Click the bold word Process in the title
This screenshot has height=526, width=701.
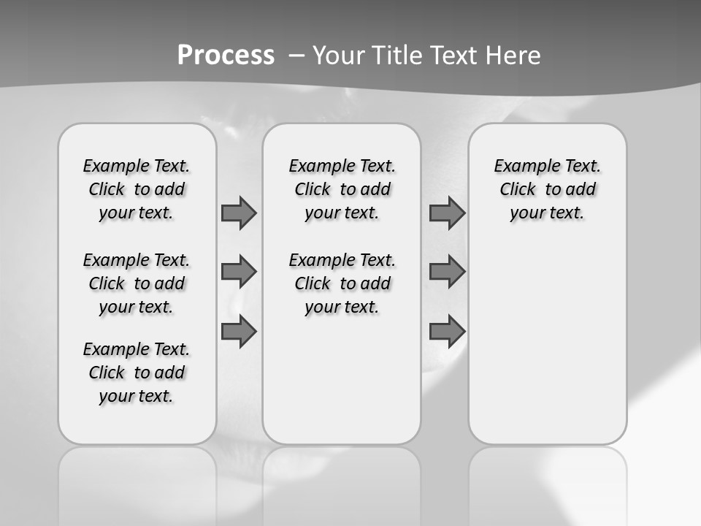[226, 56]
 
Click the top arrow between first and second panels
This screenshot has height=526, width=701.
[239, 213]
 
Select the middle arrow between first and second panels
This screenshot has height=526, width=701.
[239, 272]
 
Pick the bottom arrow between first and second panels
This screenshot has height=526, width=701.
[239, 332]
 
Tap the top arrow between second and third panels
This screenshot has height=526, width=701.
[447, 213]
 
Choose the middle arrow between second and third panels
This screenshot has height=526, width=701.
[447, 272]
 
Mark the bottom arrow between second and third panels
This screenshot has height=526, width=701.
[447, 332]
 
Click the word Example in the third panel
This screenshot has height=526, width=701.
[522, 166]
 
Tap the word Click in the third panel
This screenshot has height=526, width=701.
[518, 189]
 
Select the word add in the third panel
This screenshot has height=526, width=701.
[581, 189]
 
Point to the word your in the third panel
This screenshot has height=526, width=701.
[526, 213]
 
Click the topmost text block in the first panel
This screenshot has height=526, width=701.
[137, 189]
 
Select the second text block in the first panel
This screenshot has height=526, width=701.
[137, 283]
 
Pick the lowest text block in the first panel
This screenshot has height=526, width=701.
[137, 373]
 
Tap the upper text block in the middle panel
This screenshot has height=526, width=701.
[342, 189]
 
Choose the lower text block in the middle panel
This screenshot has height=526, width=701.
[342, 283]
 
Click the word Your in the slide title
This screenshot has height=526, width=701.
[341, 56]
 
